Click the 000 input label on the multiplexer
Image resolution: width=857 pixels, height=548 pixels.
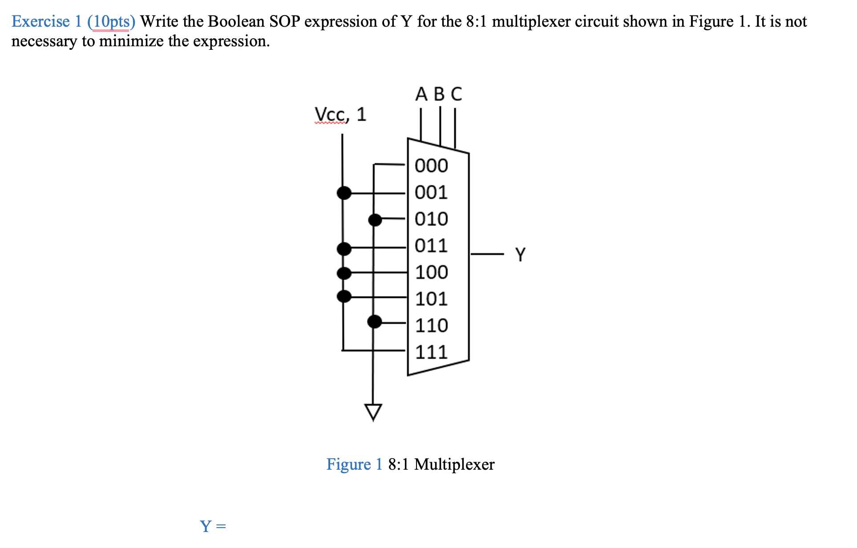(431, 166)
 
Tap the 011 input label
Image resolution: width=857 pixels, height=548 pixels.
(431, 246)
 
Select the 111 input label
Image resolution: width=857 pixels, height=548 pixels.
(431, 352)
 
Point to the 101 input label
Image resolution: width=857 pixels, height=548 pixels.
(431, 299)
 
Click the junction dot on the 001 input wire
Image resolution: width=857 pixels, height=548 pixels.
(344, 193)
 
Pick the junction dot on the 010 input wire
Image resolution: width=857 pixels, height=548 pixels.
(375, 219)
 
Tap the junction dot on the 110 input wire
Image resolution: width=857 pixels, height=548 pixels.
(375, 321)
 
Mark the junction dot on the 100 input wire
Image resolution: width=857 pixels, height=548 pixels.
(344, 273)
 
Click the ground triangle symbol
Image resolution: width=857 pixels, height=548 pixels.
(373, 411)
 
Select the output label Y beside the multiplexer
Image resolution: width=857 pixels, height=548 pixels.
(520, 254)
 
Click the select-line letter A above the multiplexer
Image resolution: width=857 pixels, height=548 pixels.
(421, 94)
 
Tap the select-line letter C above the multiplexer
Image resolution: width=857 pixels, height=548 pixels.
(456, 94)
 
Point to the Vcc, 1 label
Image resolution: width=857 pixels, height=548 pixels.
(340, 115)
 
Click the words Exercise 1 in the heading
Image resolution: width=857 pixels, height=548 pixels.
(47, 21)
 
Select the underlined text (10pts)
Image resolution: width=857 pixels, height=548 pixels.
(111, 21)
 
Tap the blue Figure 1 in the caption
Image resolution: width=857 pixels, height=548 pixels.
(354, 464)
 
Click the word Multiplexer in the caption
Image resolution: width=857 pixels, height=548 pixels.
(454, 464)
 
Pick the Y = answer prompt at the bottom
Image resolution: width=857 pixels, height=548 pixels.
(213, 527)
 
